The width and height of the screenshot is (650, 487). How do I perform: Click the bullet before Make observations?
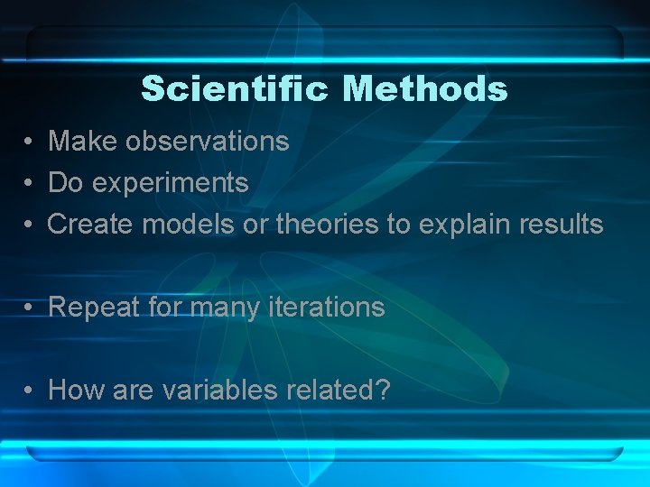click(x=30, y=142)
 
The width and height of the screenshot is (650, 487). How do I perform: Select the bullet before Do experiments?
click(x=30, y=183)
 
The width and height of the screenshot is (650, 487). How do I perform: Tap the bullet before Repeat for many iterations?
click(x=30, y=308)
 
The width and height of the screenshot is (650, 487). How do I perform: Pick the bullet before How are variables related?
click(x=30, y=391)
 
